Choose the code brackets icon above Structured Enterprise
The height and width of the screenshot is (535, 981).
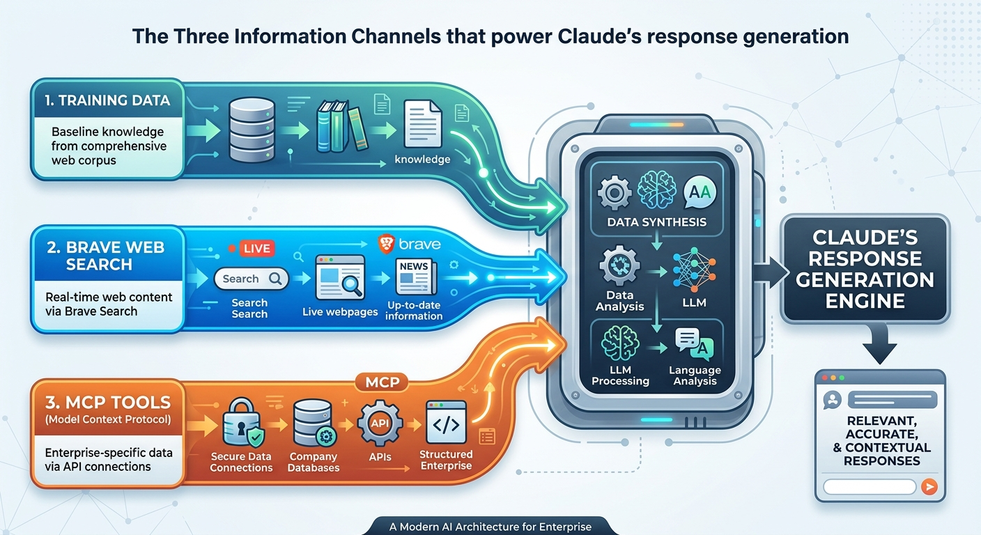(x=446, y=424)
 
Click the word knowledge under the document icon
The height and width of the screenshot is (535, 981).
(x=422, y=160)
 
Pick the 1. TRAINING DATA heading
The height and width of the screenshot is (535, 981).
(x=107, y=100)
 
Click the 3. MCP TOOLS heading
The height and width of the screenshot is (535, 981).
(x=107, y=402)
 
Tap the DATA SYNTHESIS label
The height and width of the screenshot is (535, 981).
(x=656, y=222)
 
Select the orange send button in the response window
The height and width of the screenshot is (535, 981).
(x=929, y=487)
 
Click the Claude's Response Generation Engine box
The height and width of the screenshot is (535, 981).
(x=865, y=270)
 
